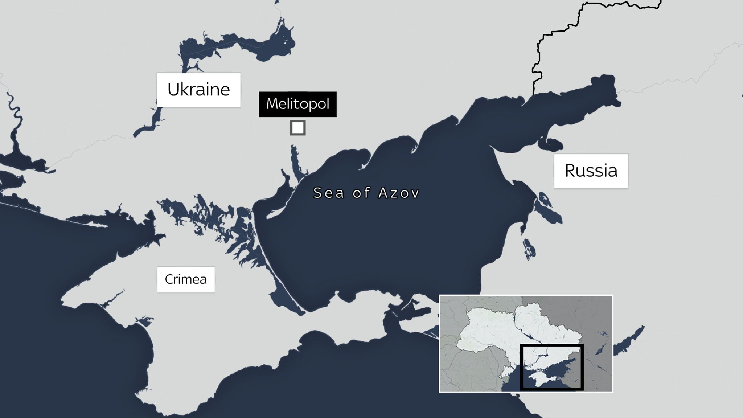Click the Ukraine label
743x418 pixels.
point(198,90)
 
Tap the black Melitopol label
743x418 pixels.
point(297,104)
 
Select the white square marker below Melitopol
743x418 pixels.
point(297,128)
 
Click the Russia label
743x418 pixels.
point(591,171)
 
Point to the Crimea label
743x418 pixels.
point(186,279)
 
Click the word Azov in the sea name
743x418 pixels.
point(399,193)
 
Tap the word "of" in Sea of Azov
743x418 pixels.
point(361,193)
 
